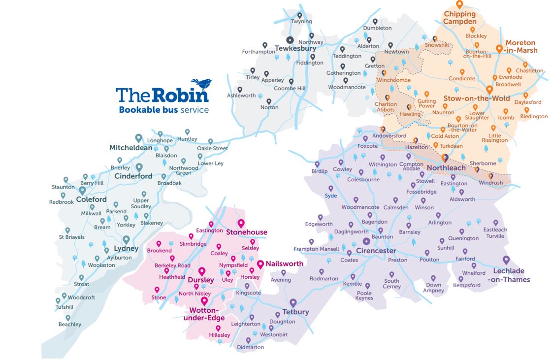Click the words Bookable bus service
pyautogui.click(x=163, y=110)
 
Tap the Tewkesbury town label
pyautogui.click(x=295, y=49)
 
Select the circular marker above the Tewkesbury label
pyautogui.click(x=290, y=40)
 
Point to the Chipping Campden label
pyautogui.click(x=459, y=18)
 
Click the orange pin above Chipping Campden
pyautogui.click(x=459, y=5)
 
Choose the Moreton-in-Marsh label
pyautogui.click(x=520, y=46)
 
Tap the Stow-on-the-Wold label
pyautogui.click(x=477, y=98)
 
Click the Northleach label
pyautogui.click(x=446, y=168)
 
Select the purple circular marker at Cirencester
pyautogui.click(x=366, y=241)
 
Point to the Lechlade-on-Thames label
pyautogui.click(x=508, y=275)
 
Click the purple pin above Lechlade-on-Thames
pyautogui.click(x=506, y=261)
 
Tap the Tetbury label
pyautogui.click(x=295, y=312)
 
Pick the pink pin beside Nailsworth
pyautogui.click(x=260, y=264)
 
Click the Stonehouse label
pyautogui.click(x=246, y=232)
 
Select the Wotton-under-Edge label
pyautogui.click(x=204, y=314)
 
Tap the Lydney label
pyautogui.click(x=126, y=249)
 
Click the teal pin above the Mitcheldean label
pyautogui.click(x=139, y=138)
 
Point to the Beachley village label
pyautogui.click(x=69, y=325)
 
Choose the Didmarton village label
pyautogui.click(x=250, y=347)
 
